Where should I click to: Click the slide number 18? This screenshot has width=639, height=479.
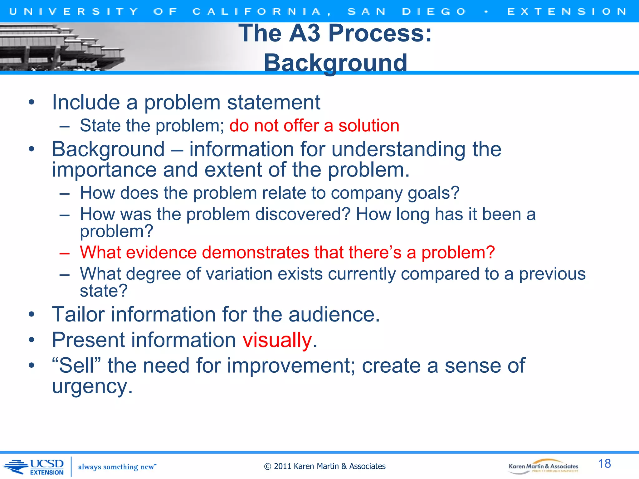coord(604,463)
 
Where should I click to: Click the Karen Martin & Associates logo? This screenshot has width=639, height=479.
coord(543,467)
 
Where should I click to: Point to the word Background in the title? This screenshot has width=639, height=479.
coord(335,63)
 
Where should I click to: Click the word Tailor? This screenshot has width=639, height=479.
coord(78,314)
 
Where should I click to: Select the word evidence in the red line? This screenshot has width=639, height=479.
coord(161,252)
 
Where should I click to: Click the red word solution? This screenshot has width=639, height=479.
coord(369,126)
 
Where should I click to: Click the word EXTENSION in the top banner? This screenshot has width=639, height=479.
coord(567,12)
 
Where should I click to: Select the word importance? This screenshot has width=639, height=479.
coord(104,170)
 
